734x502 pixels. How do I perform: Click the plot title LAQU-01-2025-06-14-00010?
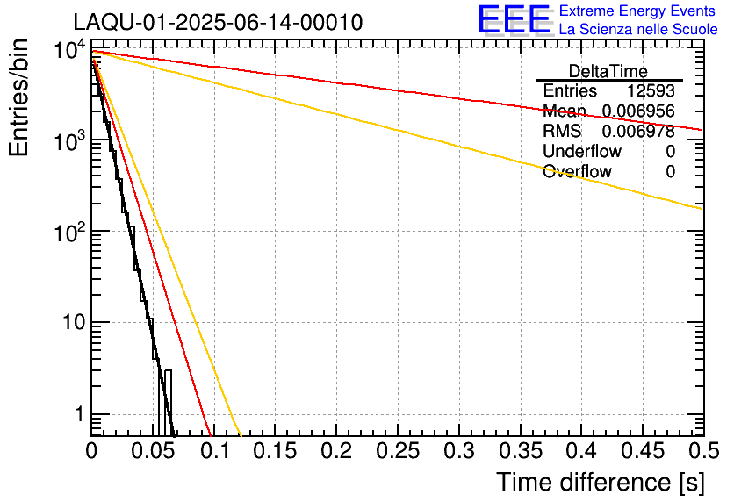coord(218,22)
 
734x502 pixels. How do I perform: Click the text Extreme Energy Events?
coord(638,11)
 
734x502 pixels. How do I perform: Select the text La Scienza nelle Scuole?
coord(638,29)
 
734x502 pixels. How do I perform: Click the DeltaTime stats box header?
coord(608,71)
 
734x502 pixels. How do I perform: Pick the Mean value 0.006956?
coord(638,111)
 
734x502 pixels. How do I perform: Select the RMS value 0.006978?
coord(638,132)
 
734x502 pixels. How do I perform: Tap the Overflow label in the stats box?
coord(577,172)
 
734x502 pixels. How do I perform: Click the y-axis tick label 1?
coord(79,414)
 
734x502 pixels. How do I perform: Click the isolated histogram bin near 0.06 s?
coord(168,402)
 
